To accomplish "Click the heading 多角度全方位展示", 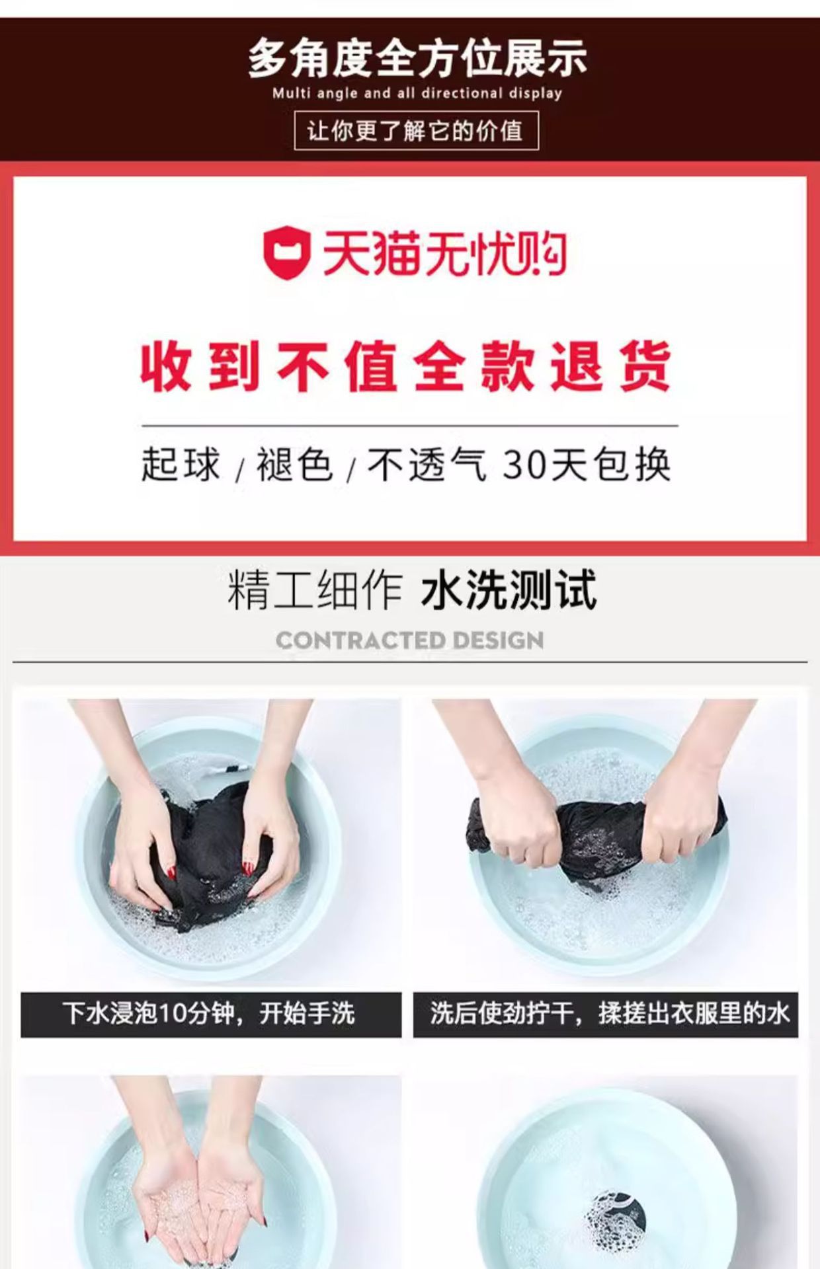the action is pyautogui.click(x=417, y=59).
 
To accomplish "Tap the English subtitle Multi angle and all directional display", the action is pyautogui.click(x=417, y=93).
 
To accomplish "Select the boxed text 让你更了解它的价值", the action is pyautogui.click(x=416, y=131).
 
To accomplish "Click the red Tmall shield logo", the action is pyautogui.click(x=287, y=253).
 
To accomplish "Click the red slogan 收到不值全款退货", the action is pyautogui.click(x=406, y=366).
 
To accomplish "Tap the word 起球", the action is pyautogui.click(x=180, y=464).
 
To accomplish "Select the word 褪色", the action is pyautogui.click(x=294, y=464).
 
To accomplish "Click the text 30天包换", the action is pyautogui.click(x=587, y=464).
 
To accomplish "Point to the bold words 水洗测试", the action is pyautogui.click(x=509, y=590).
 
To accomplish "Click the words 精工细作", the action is pyautogui.click(x=315, y=590).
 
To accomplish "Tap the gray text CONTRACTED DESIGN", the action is pyautogui.click(x=410, y=640).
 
